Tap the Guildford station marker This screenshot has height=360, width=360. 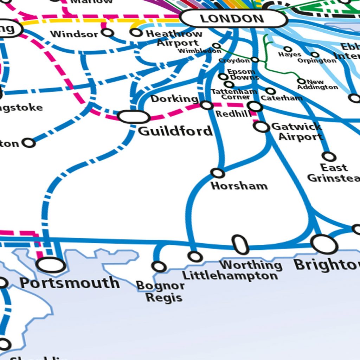tap(134, 117)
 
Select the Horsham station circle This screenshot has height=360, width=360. tap(218, 173)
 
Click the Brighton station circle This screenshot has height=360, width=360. tap(324, 244)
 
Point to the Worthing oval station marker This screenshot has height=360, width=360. tap(240, 245)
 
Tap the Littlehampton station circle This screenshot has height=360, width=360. tap(195, 256)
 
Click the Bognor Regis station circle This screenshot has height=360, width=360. tap(159, 266)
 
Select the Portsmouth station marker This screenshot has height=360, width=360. tap(51, 265)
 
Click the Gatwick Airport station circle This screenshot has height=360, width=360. tap(262, 127)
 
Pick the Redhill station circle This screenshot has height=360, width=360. tap(255, 106)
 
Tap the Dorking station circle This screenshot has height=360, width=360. tap(206, 105)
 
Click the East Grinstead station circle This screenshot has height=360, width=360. tap(329, 156)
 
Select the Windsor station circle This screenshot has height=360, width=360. tap(108, 33)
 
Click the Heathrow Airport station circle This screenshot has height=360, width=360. tap(136, 32)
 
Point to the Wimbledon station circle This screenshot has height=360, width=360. tap(217, 46)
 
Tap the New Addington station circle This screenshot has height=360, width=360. tap(301, 81)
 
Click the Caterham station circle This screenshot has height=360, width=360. tap(270, 91)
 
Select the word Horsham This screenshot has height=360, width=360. tap(239, 186)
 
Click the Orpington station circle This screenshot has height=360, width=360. tap(315, 55)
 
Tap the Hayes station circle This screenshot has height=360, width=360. tap(288, 49)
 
